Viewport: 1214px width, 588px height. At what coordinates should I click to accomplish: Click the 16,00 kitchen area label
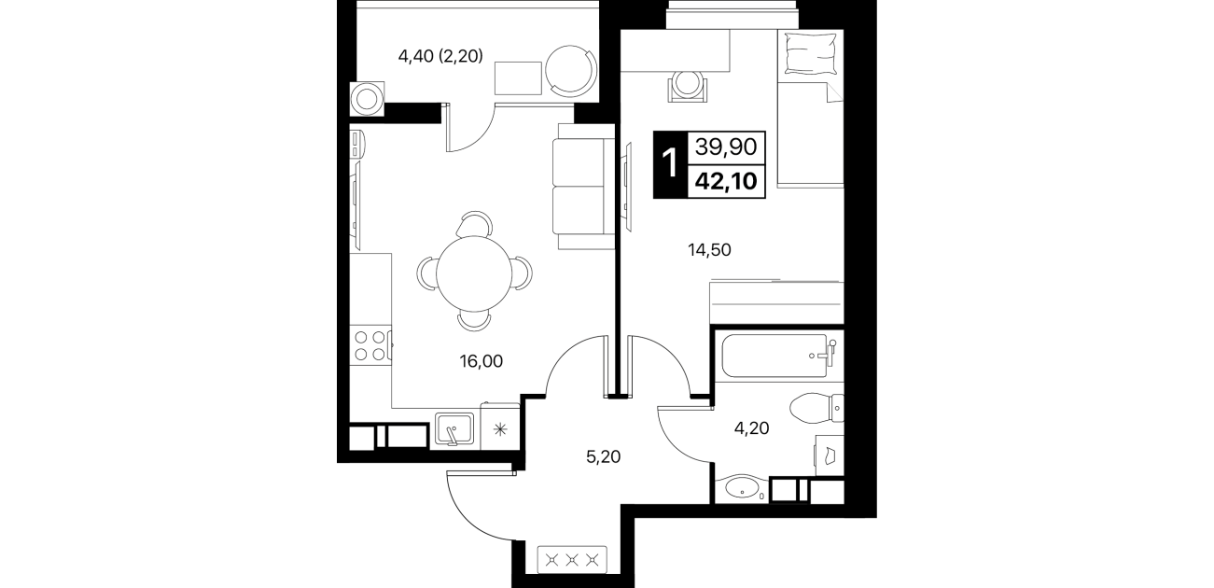click(x=481, y=361)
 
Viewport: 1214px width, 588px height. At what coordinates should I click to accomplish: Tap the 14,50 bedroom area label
click(x=709, y=250)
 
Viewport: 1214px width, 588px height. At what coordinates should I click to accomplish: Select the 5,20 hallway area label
click(x=603, y=456)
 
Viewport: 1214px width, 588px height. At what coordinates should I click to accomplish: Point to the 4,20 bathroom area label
click(x=752, y=428)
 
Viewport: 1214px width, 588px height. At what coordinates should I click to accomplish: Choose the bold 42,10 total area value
click(x=726, y=181)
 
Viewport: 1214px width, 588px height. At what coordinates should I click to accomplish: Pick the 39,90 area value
click(x=726, y=147)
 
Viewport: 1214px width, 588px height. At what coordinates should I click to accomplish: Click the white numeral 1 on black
click(x=670, y=164)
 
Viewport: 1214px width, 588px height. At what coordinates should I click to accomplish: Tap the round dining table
click(x=474, y=273)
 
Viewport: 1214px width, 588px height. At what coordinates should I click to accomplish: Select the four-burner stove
click(x=370, y=345)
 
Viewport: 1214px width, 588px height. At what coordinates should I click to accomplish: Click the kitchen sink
click(x=454, y=429)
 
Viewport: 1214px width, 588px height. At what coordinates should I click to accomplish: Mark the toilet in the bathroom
click(x=816, y=408)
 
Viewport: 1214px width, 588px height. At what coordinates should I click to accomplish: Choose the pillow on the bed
click(x=811, y=52)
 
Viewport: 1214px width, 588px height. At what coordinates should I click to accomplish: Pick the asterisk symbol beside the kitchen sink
click(x=500, y=430)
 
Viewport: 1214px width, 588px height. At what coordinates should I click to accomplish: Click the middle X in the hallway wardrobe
click(x=571, y=559)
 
